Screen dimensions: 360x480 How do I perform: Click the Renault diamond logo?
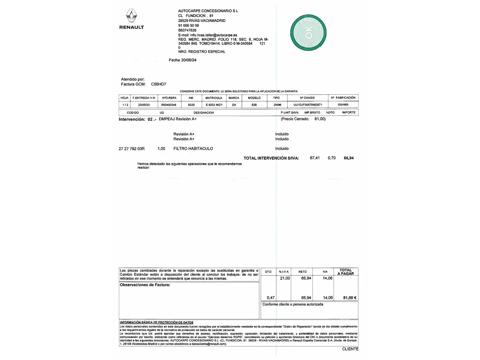131,16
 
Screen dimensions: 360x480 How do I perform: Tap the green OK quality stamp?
308,33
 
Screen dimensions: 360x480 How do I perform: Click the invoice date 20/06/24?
189,60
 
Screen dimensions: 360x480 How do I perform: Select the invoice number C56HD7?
158,84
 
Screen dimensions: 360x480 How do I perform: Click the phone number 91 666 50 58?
188,25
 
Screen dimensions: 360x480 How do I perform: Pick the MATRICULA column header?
214,98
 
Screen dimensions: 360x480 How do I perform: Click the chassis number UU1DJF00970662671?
308,105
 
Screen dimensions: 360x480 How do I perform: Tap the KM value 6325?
191,105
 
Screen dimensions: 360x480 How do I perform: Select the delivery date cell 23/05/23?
144,105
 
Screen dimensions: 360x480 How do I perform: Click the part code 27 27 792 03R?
132,149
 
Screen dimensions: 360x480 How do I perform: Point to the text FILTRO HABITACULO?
193,149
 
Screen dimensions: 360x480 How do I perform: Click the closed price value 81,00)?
320,119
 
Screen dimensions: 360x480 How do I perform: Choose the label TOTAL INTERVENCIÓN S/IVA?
271,158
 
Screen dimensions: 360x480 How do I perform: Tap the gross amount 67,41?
315,158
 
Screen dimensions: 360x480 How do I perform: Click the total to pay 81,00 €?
350,298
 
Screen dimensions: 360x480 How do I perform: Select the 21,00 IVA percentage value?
285,278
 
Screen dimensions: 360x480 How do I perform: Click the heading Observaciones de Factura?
145,285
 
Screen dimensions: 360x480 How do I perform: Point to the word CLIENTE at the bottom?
350,349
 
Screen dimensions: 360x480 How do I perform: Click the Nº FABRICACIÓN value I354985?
343,105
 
